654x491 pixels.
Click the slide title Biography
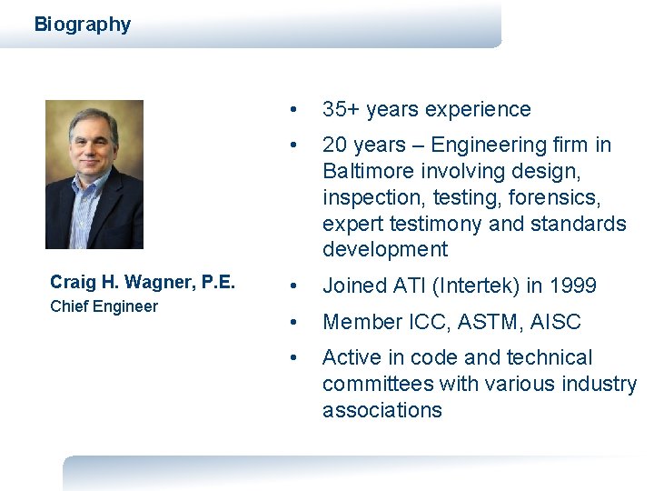pyautogui.click(x=82, y=25)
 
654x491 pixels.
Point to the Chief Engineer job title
pyautogui.click(x=104, y=306)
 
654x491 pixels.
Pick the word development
pyautogui.click(x=385, y=249)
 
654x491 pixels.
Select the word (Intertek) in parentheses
pyautogui.click(x=481, y=286)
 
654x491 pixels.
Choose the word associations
pyautogui.click(x=381, y=410)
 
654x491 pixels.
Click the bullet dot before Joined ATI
pyautogui.click(x=291, y=286)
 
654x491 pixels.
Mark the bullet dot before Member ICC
pyautogui.click(x=291, y=323)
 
